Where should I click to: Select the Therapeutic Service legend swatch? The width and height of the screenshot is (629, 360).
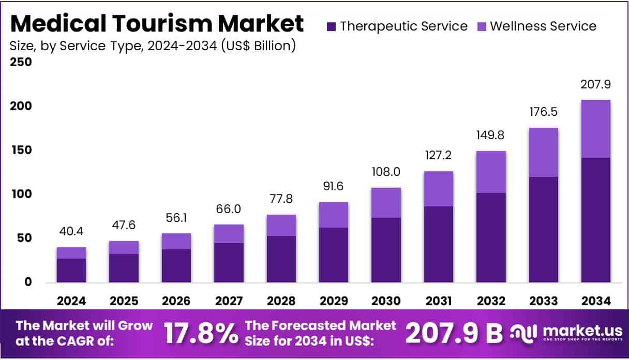pos(332,26)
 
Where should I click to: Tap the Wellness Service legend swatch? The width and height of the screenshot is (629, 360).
pos(482,26)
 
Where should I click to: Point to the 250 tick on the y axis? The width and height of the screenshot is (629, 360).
pos(21,62)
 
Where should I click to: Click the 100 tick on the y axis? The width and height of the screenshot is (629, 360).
pos(21,194)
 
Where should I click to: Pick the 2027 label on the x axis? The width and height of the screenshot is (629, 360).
pos(229,301)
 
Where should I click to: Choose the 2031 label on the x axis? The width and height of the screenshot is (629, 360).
pos(438,301)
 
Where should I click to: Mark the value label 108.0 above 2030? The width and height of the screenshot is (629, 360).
pos(386,172)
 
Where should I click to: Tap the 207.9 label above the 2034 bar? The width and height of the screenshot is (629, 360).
pos(595,84)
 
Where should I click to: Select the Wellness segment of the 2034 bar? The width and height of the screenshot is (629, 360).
pos(595,129)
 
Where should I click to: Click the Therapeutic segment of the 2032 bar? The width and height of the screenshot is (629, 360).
pos(491,237)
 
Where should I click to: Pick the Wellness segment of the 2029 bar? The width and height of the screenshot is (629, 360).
pos(334,215)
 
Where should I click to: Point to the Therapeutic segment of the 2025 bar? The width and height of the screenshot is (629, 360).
pos(124,268)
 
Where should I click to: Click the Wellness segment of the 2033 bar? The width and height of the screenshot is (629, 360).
pos(543,152)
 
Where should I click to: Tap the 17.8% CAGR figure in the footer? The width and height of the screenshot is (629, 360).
pos(201,334)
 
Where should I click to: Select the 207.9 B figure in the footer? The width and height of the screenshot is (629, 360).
pos(454,334)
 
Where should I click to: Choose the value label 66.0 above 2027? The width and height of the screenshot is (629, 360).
pos(229,209)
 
